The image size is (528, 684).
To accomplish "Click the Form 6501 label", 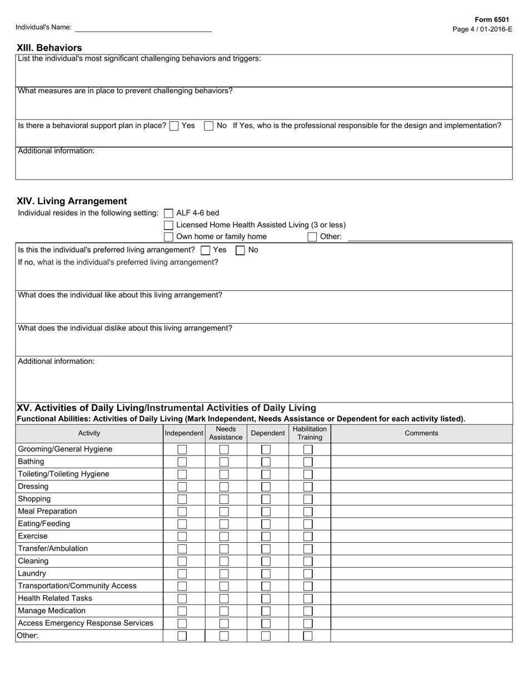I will [491, 19].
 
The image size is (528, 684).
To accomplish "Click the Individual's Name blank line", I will [143, 27].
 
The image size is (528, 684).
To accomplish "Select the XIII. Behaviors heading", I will [49, 48].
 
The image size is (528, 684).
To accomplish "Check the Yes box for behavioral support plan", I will [174, 126].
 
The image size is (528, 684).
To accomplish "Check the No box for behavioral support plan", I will [208, 126].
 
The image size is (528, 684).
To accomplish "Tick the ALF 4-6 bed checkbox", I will [168, 213].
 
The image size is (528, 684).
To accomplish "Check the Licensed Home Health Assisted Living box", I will [168, 225].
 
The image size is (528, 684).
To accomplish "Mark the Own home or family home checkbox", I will [168, 237].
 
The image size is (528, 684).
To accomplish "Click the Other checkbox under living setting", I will [312, 237].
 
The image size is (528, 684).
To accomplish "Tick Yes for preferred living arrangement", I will [205, 250].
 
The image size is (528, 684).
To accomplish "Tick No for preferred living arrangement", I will [240, 250].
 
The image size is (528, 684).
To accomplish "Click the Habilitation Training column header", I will [310, 433].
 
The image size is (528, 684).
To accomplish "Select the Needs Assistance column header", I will [226, 433].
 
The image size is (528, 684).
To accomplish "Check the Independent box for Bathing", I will [182, 462].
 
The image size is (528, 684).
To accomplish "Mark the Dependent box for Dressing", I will [266, 487].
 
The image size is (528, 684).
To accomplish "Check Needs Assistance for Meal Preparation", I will [224, 512].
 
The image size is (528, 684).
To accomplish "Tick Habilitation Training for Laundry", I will [308, 573].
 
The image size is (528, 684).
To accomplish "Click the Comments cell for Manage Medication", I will [421, 611].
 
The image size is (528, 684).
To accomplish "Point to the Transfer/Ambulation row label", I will [53, 548].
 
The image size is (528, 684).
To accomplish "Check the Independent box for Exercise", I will [182, 536].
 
